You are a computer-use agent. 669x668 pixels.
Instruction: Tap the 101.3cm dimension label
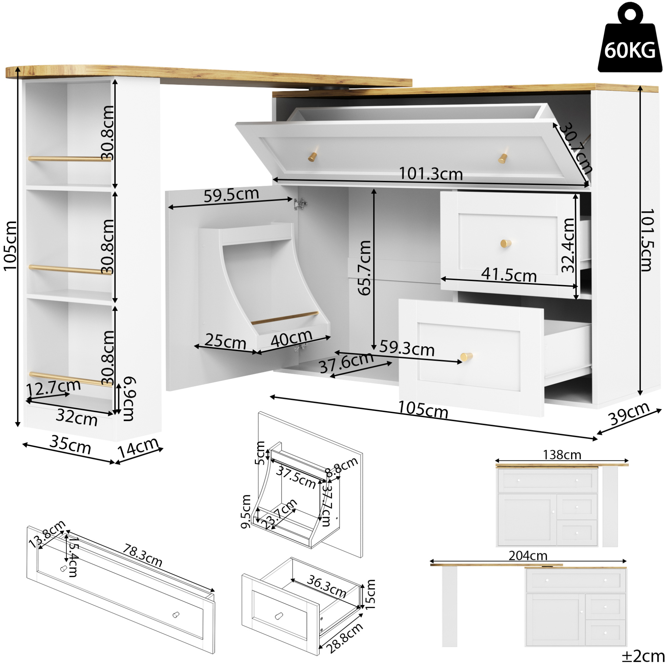(x=431, y=174)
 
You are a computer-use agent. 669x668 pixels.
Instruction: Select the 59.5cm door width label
(x=231, y=195)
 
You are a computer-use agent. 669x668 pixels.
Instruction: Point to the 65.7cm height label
(x=364, y=268)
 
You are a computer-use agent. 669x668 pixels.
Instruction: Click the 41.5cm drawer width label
(x=509, y=275)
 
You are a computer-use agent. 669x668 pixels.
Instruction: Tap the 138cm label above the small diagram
(x=562, y=455)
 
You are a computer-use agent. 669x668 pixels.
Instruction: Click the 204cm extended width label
(x=528, y=556)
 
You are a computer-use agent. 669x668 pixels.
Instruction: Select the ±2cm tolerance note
(x=643, y=656)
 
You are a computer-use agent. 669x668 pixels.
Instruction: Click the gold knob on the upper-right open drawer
(x=506, y=243)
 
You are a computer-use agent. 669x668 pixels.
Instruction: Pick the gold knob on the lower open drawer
(x=466, y=356)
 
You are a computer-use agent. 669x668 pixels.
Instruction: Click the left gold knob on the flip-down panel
(x=313, y=157)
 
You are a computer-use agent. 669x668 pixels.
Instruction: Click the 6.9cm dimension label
(x=129, y=399)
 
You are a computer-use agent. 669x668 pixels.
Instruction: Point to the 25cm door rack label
(x=225, y=341)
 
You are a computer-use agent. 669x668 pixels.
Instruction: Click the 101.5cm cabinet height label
(x=646, y=240)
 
